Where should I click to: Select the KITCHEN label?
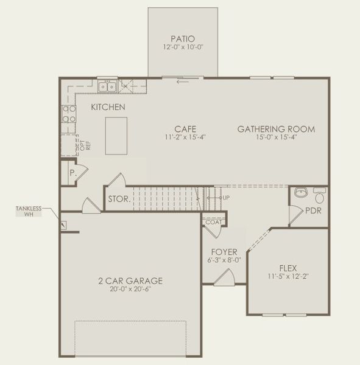(108, 107)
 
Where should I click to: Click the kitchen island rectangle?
(116, 136)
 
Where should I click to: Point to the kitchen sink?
(108, 87)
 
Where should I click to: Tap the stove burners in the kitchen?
(68, 115)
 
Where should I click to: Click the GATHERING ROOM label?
(276, 129)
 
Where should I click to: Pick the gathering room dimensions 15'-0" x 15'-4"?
(276, 137)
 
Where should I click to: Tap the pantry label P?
(72, 173)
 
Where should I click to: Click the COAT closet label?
(213, 222)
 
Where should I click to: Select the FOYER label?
(219, 252)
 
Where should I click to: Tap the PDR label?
(314, 211)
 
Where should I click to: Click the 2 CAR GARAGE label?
(130, 281)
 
